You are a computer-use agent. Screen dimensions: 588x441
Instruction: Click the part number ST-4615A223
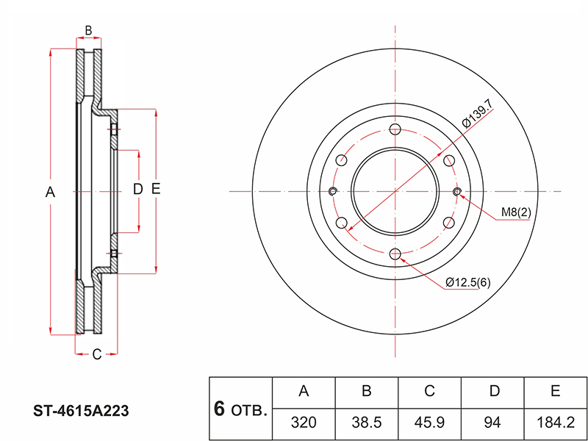81,412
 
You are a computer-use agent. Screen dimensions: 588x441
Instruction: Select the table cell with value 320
304,423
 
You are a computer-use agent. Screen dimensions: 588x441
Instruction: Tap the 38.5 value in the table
366,423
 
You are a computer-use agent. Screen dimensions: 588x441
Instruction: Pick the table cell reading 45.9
429,423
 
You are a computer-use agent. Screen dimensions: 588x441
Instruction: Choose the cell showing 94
492,423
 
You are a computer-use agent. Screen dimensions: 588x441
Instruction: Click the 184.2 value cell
556,423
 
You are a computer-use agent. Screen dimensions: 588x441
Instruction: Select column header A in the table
304,392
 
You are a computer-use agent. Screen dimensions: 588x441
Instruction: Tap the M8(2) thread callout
517,212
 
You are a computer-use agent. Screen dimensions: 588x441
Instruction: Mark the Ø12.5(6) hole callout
468,282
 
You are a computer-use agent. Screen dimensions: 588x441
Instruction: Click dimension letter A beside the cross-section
50,193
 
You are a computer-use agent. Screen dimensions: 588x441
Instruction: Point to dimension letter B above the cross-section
88,30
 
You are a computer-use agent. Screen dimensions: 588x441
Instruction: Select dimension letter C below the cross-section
97,354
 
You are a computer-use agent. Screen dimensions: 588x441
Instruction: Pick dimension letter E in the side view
156,189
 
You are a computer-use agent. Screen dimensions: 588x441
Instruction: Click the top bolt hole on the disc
395,129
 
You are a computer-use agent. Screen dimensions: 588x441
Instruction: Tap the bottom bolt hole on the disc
395,254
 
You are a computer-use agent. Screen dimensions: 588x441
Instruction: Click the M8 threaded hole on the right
457,192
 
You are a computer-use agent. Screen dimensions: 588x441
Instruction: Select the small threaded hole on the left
333,192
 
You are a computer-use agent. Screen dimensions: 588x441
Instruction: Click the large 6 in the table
219,409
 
